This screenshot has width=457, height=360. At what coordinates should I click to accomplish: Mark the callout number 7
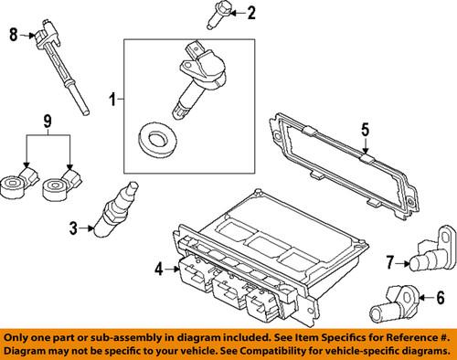[x=390, y=263]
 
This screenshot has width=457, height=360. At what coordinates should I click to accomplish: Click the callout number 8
[x=13, y=36]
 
